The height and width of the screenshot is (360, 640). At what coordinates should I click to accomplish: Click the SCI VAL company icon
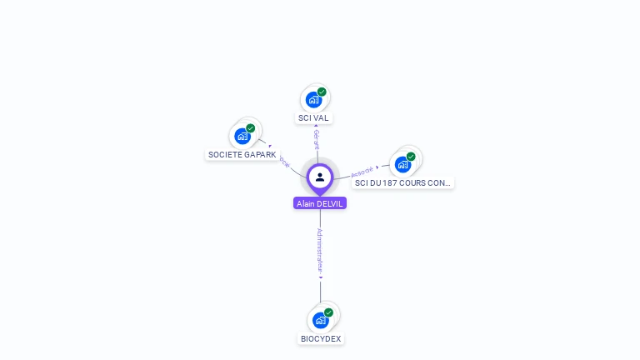(x=313, y=100)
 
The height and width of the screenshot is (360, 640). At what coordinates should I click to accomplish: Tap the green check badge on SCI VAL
(x=322, y=92)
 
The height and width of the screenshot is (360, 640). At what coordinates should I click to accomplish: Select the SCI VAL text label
(x=314, y=118)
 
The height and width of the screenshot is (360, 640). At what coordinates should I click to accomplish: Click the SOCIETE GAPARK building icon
(x=242, y=136)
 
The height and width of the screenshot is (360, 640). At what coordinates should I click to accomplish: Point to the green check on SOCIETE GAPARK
(x=250, y=128)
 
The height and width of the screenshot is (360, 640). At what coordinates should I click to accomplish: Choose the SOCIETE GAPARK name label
(x=242, y=155)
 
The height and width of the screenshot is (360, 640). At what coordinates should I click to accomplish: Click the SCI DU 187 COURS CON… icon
(x=402, y=163)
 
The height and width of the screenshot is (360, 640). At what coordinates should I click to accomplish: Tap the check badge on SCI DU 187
(x=411, y=156)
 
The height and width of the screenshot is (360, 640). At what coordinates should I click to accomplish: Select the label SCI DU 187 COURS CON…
(x=402, y=182)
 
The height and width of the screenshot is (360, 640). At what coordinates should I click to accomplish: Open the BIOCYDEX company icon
(x=320, y=320)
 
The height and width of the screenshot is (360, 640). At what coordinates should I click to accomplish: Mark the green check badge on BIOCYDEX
(x=328, y=312)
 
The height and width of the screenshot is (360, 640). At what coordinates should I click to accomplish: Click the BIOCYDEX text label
(x=321, y=339)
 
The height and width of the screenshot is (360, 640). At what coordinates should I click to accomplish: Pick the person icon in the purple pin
(x=320, y=177)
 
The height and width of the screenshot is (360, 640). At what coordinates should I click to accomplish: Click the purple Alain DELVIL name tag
(x=320, y=203)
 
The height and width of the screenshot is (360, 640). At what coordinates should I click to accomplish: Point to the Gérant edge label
(x=317, y=139)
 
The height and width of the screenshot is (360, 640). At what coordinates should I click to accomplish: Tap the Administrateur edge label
(x=320, y=251)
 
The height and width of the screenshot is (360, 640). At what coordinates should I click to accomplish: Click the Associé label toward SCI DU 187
(x=363, y=171)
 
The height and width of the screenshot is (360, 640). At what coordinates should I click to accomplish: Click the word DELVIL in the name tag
(x=331, y=203)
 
